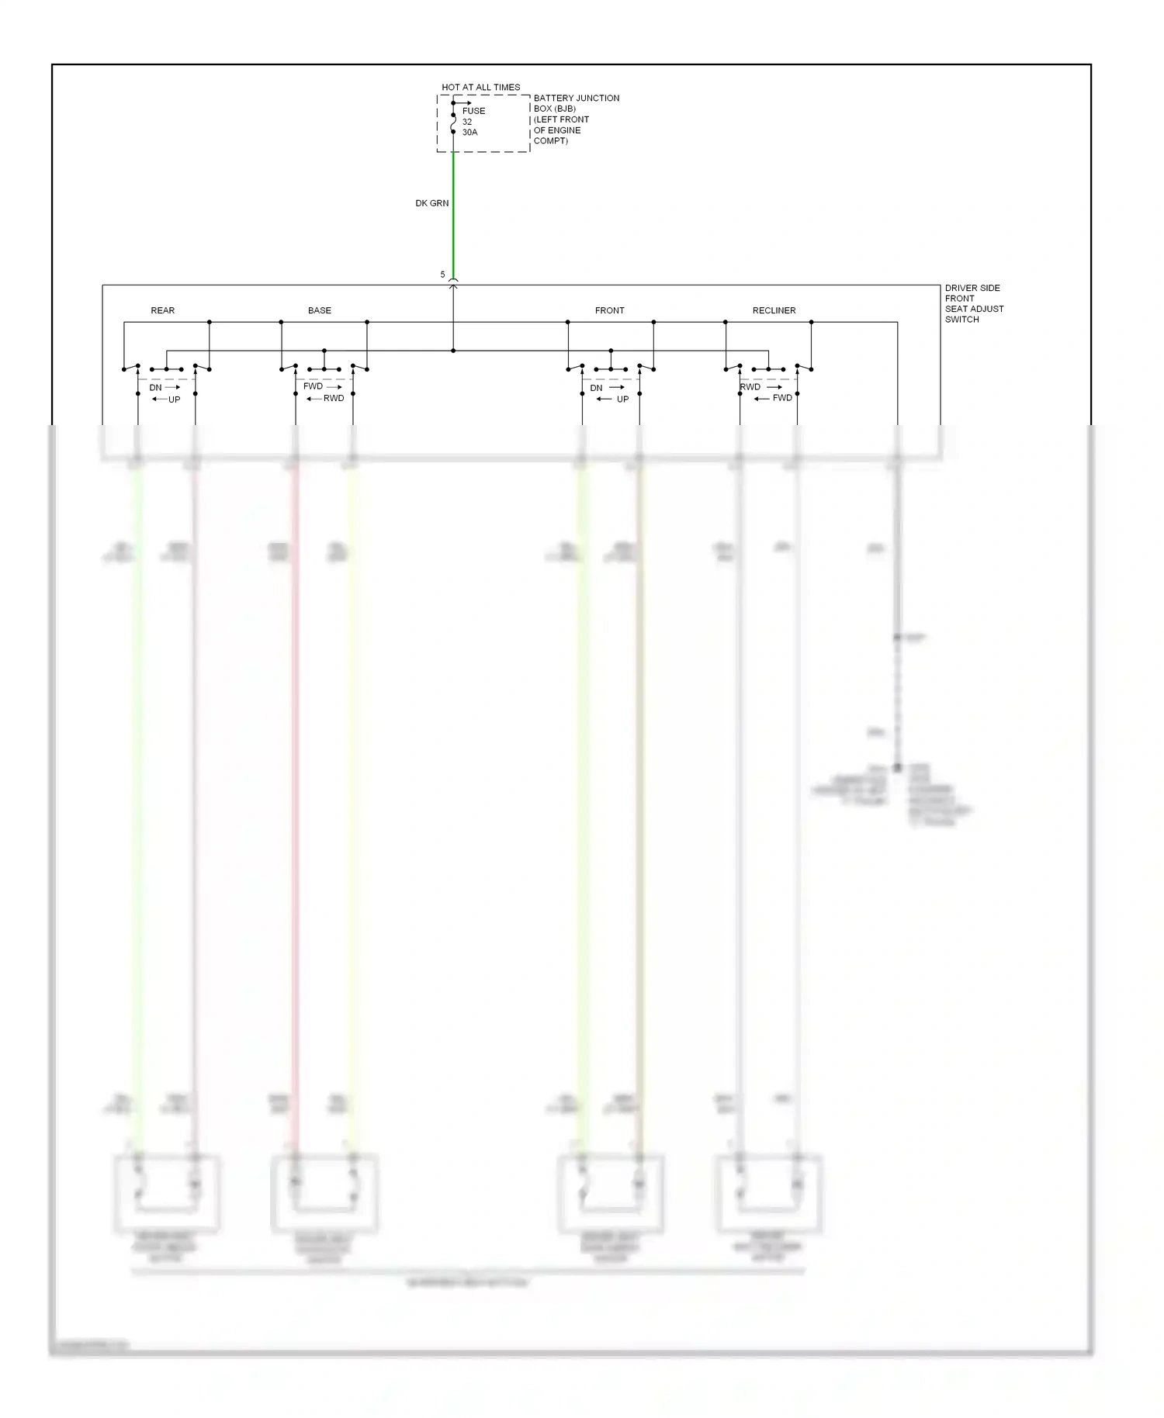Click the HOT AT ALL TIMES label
pos(480,88)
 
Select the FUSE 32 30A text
pos(473,122)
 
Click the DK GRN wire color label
pos(431,203)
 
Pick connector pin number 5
pos(443,275)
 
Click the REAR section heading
pos(162,310)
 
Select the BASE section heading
pos(319,310)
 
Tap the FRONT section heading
pos(609,310)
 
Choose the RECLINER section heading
pos(774,310)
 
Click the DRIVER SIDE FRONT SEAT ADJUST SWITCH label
pos(973,303)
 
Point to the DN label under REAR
pos(155,388)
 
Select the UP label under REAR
pos(174,399)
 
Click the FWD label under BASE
pos(313,386)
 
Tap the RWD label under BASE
pos(334,398)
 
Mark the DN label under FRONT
pos(596,388)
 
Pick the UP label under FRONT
pos(622,399)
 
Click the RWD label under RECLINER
pos(750,387)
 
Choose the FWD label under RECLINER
pos(782,398)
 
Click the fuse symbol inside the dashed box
pos(453,123)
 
